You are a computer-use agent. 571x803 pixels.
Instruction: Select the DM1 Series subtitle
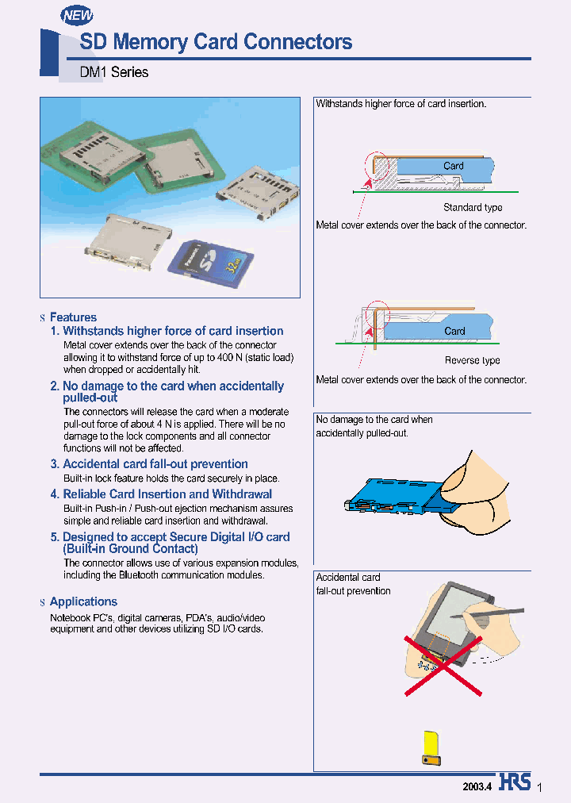click(x=114, y=72)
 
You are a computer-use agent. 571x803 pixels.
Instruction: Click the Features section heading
click(x=73, y=317)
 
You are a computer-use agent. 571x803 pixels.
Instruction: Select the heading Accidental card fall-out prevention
click(x=155, y=464)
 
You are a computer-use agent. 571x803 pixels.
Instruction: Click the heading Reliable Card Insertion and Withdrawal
click(x=167, y=494)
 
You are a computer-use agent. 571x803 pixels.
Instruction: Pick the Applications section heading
click(x=83, y=601)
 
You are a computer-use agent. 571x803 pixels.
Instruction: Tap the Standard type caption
click(x=473, y=208)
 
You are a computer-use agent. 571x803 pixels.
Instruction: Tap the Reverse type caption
click(x=472, y=361)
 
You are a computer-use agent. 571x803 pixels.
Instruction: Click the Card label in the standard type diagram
click(x=454, y=166)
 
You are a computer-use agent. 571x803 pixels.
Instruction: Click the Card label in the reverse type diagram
click(x=454, y=331)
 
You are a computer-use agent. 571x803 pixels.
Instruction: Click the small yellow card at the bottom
click(x=431, y=747)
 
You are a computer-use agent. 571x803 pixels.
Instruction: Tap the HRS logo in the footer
click(x=515, y=782)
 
